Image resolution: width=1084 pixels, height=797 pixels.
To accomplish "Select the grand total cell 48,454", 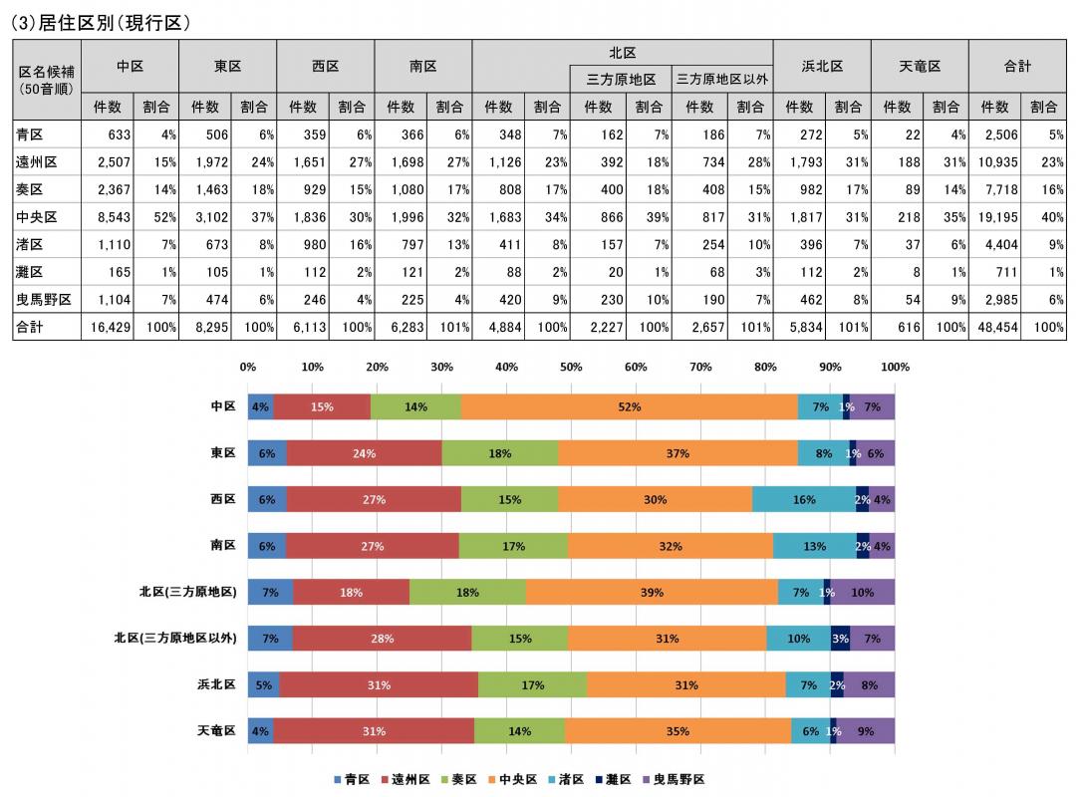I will (x=994, y=326).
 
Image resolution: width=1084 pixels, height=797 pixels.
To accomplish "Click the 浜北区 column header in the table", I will (x=822, y=66).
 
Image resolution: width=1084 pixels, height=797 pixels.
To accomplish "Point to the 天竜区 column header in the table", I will (x=919, y=66).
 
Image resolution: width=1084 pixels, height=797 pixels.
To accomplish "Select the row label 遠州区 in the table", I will (x=36, y=162).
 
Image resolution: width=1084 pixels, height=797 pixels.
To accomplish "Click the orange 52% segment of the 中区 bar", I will (x=629, y=406).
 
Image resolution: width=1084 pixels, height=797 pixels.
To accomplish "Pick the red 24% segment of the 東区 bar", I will (x=364, y=453).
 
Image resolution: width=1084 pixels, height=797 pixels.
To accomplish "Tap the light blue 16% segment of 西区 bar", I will (x=803, y=499).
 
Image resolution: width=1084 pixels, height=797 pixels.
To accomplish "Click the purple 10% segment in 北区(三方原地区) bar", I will (x=862, y=593).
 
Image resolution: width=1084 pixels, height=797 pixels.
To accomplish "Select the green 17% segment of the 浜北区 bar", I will (x=532, y=685).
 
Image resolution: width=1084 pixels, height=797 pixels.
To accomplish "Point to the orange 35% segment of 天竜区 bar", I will (x=677, y=731).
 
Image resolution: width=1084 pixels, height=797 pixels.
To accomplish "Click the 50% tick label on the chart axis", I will (x=571, y=368).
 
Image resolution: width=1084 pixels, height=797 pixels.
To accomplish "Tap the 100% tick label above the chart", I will (x=894, y=368).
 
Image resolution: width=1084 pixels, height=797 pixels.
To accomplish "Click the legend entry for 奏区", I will (x=459, y=780).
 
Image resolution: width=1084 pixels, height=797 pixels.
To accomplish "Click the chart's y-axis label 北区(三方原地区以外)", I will (x=174, y=639).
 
